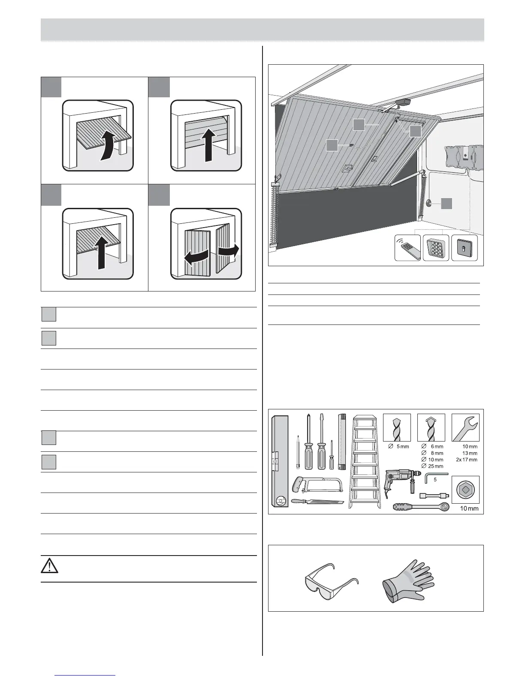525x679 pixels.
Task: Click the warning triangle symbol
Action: pos(50,566)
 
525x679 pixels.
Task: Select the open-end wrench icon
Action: pos(465,427)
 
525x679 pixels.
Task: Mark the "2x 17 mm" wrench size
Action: pos(467,460)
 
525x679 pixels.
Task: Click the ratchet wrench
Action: pos(420,507)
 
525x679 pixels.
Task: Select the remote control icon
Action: pos(407,248)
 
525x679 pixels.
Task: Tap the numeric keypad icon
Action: pos(436,248)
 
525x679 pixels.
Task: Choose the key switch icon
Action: pos(465,248)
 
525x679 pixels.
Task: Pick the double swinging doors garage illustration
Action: pos(206,243)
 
